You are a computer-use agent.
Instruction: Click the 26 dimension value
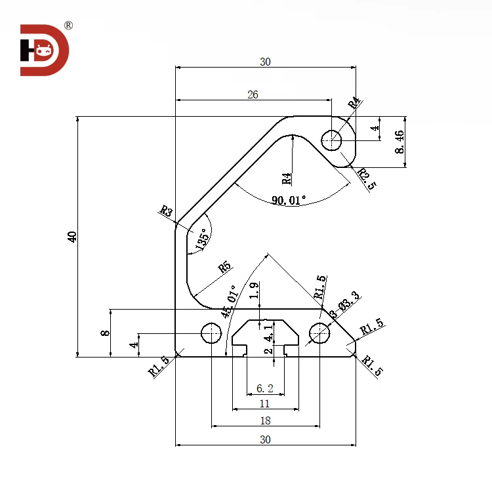pyautogui.click(x=253, y=94)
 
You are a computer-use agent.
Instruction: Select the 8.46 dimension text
pyautogui.click(x=399, y=142)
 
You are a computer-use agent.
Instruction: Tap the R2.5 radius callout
pyautogui.click(x=367, y=179)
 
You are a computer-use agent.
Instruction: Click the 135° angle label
pyautogui.click(x=201, y=237)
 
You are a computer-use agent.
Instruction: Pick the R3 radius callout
pyautogui.click(x=166, y=211)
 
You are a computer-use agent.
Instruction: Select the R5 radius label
pyautogui.click(x=225, y=267)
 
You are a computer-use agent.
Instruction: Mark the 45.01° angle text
pyautogui.click(x=230, y=301)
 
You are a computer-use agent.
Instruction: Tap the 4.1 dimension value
pyautogui.click(x=268, y=336)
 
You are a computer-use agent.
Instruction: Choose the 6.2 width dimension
pyautogui.click(x=265, y=388)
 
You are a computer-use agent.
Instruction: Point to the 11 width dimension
pyautogui.click(x=265, y=403)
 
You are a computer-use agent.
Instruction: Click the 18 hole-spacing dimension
pyautogui.click(x=265, y=420)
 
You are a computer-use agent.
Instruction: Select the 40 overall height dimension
pyautogui.click(x=72, y=237)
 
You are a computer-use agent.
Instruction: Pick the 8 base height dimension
pyautogui.click(x=104, y=333)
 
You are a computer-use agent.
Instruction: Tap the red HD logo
pyautogui.click(x=44, y=51)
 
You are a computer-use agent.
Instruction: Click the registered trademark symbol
pyautogui.click(x=68, y=26)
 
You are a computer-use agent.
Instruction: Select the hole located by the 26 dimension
pyautogui.click(x=332, y=139)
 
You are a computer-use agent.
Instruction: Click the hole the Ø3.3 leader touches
pyautogui.click(x=319, y=333)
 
